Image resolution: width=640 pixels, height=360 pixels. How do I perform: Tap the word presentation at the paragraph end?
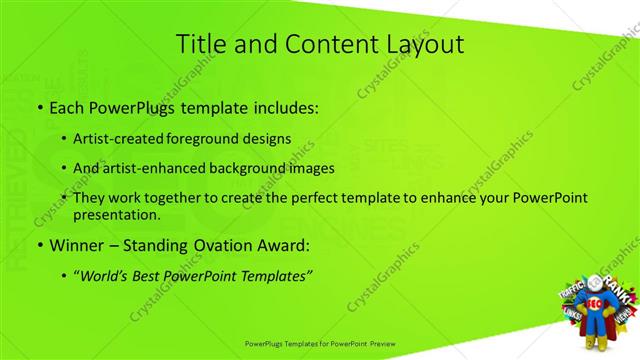116,215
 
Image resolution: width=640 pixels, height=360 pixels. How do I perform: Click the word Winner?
76,245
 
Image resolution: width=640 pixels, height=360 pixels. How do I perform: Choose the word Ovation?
209,245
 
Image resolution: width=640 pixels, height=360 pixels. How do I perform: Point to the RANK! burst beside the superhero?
615,283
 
